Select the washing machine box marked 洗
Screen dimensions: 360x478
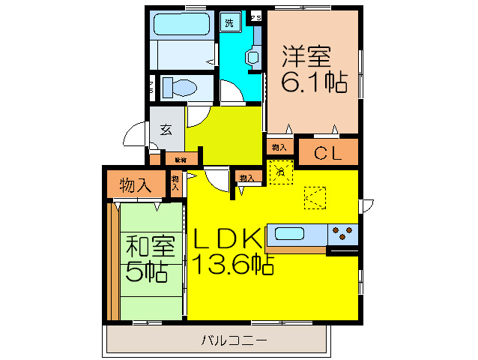[x=229, y=21]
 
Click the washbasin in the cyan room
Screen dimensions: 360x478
[x=252, y=57]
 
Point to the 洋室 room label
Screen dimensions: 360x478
[x=306, y=57]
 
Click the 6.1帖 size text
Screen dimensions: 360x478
[x=314, y=82]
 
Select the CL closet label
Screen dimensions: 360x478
[x=327, y=154]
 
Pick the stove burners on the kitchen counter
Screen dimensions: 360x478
[x=343, y=234]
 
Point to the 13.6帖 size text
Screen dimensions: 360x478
[x=233, y=263]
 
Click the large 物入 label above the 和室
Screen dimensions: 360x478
[x=136, y=185]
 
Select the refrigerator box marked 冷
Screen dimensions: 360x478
[x=280, y=172]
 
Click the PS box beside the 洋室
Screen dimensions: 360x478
[x=255, y=16]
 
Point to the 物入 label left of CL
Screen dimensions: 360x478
[x=279, y=148]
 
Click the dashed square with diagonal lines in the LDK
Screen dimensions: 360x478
[x=315, y=198]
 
